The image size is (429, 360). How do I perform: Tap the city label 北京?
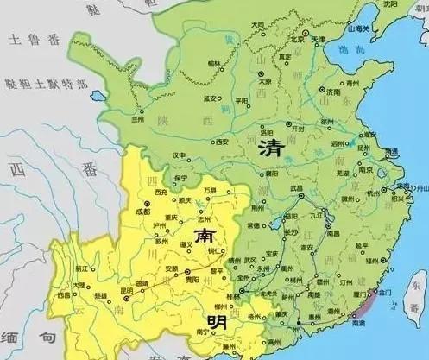[298, 39]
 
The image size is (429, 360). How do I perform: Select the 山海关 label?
[358, 28]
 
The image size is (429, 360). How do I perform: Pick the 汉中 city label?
[180, 155]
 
